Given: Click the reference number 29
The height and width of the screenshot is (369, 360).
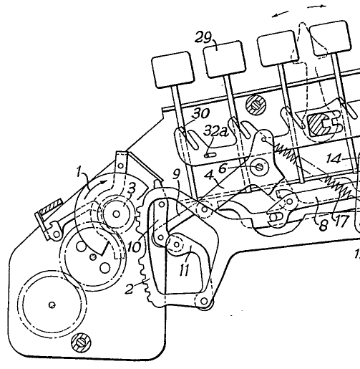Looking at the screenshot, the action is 203,37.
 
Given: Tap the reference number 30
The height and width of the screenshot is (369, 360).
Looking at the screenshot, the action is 200,113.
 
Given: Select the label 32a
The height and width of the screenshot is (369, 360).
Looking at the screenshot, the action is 215,131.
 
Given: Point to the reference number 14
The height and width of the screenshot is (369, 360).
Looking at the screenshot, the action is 334,158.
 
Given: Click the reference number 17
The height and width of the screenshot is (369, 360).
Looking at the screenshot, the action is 341,221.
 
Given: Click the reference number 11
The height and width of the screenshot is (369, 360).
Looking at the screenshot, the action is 184,270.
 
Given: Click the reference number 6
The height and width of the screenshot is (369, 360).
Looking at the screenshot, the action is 223,168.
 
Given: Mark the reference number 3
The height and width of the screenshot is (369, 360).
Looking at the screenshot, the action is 132,188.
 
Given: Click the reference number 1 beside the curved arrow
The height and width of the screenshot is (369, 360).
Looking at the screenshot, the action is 79,172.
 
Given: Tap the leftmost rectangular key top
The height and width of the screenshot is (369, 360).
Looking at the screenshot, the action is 173,69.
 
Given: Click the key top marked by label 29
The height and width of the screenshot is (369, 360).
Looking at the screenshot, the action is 224,59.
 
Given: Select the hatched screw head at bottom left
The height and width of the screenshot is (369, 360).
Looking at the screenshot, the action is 81,342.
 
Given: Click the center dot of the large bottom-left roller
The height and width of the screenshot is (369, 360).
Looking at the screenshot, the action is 52,305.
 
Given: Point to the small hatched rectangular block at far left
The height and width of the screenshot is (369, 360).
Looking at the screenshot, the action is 51,204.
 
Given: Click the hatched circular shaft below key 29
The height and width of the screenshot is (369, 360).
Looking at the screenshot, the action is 256,105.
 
